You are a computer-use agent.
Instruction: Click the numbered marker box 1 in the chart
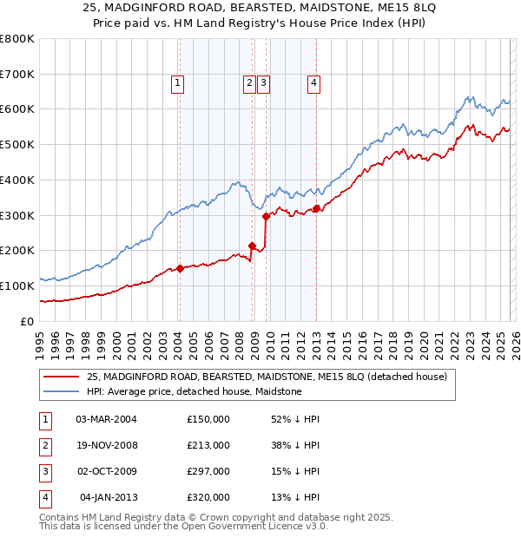pos(177,83)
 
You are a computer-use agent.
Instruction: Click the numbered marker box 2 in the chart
pos(249,83)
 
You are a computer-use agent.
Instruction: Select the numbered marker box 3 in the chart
pos(262,83)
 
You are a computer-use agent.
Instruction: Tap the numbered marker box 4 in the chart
pos(313,83)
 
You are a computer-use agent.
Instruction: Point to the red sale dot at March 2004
pos(180,268)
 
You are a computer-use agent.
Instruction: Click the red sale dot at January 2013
pos(316,207)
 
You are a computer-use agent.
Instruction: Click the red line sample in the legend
pos(63,377)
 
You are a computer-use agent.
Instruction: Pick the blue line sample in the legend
pos(63,391)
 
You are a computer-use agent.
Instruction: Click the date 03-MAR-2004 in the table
pos(106,419)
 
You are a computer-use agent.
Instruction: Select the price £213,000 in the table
pos(208,445)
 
